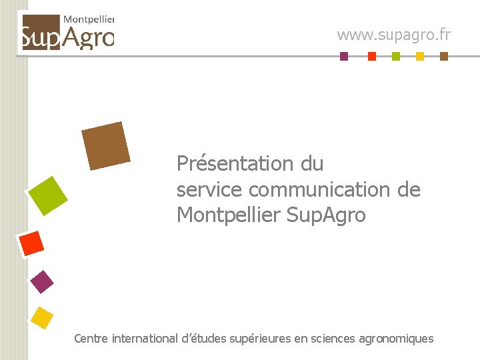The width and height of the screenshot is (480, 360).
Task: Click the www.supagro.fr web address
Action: pyautogui.click(x=393, y=34)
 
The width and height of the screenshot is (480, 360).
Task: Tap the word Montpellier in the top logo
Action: pyautogui.click(x=89, y=21)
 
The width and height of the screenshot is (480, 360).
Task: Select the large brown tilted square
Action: pyautogui.click(x=105, y=145)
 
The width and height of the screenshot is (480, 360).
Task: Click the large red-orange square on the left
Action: pyautogui.click(x=31, y=243)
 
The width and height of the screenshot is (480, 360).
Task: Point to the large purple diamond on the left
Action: pyautogui.click(x=42, y=282)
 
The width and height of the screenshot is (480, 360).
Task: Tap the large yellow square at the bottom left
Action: pyautogui.click(x=42, y=318)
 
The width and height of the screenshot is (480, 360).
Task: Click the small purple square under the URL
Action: pyautogui.click(x=344, y=57)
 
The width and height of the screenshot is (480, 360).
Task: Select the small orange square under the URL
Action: pyautogui.click(x=372, y=57)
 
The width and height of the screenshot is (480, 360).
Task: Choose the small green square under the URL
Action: pyautogui.click(x=396, y=57)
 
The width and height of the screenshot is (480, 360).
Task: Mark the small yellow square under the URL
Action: pyautogui.click(x=420, y=57)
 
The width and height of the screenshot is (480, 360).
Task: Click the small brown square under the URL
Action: pyautogui.click(x=444, y=57)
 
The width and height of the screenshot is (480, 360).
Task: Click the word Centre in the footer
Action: pyautogui.click(x=91, y=339)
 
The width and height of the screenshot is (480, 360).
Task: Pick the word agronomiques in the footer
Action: pyautogui.click(x=396, y=339)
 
